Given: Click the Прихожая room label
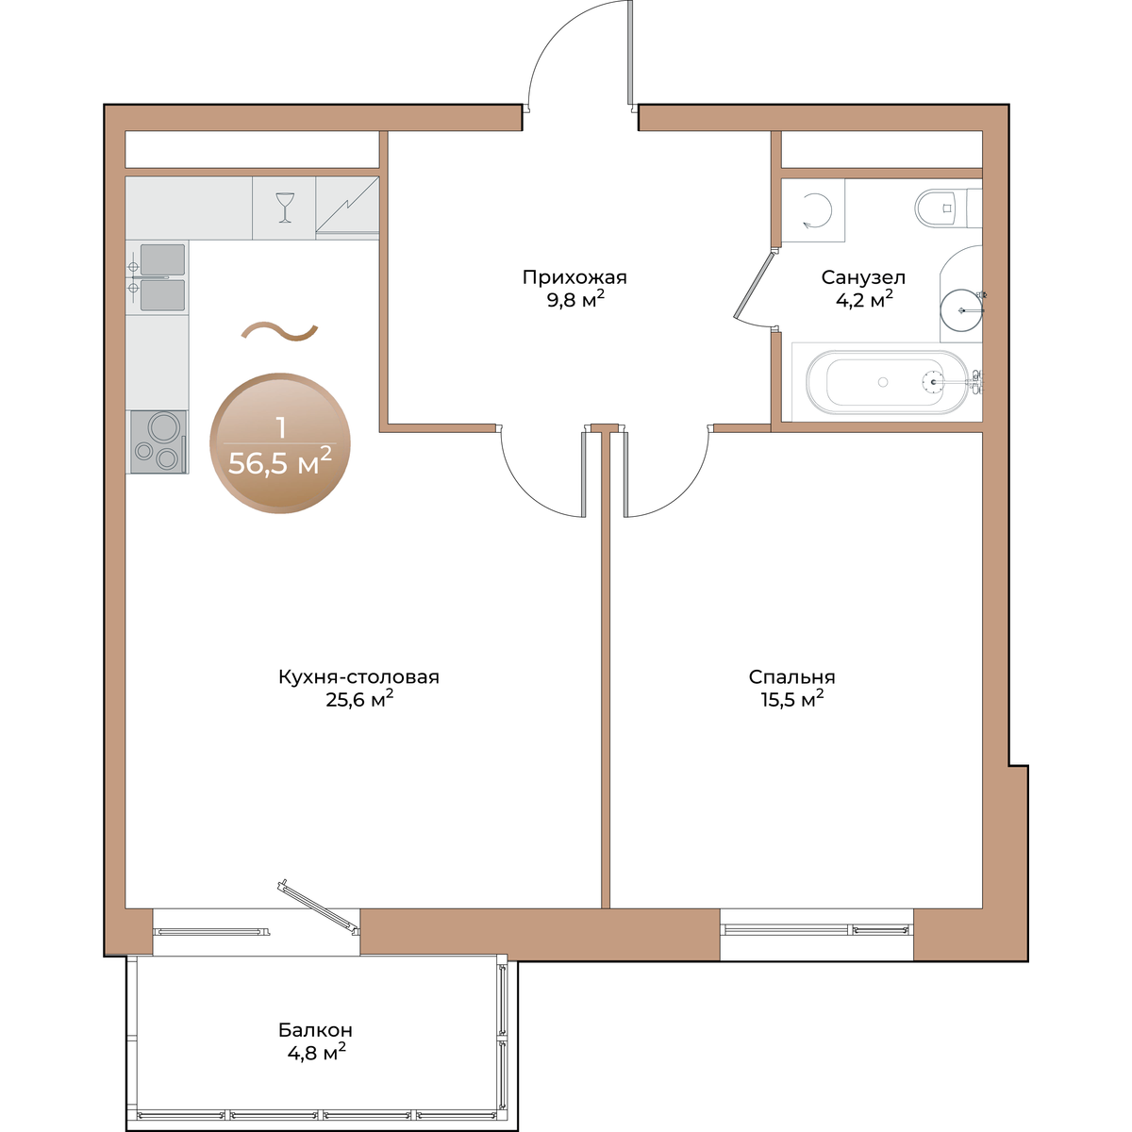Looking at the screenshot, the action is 574,276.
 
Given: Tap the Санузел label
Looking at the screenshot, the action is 863,276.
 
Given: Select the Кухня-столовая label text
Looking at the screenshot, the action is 358,676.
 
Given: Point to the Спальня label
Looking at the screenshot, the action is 791,676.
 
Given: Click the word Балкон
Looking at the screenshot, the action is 315,1030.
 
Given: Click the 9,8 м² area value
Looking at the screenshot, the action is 575,300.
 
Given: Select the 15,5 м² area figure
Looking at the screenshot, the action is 791,699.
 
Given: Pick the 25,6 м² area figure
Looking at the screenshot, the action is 358,699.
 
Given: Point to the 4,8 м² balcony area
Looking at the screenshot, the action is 316,1052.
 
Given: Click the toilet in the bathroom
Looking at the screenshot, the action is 948,208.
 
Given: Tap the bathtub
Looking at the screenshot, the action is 887,382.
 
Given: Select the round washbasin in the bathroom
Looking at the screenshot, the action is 960,309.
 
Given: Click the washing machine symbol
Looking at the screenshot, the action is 813,210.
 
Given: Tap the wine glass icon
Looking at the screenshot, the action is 285,208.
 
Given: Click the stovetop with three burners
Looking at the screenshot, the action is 158,441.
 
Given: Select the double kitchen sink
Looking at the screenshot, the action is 158,277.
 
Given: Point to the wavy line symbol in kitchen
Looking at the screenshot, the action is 279,332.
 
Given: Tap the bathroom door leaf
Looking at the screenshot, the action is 755,286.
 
